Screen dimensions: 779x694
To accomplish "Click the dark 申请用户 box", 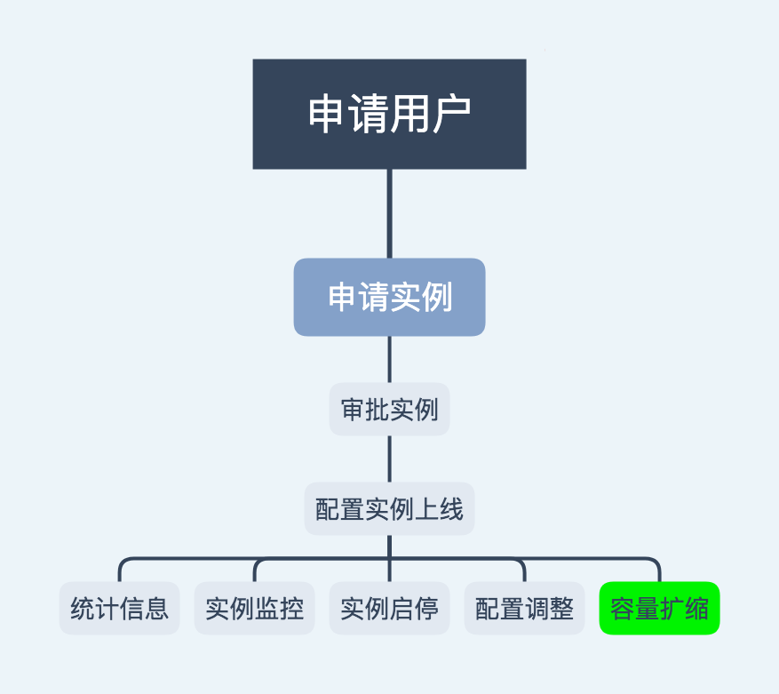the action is click(x=389, y=114).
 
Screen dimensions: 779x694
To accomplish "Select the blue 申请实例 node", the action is click(x=389, y=297).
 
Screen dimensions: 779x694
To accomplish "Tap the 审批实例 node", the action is click(x=389, y=410).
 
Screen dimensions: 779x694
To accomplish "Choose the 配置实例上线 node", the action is click(x=389, y=509).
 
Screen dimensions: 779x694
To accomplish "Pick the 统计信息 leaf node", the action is click(x=119, y=609).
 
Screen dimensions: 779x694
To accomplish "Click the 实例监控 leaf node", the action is click(x=254, y=609).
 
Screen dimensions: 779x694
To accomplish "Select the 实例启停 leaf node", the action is click(x=389, y=609).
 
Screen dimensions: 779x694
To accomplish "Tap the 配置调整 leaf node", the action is click(x=524, y=609).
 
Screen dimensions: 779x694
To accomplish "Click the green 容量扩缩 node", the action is click(x=659, y=609).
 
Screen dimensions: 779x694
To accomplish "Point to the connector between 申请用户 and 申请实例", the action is click(x=389, y=213).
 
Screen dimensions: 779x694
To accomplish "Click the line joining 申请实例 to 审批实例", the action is click(x=389, y=359).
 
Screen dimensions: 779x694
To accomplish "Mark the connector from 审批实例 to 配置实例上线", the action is click(x=389, y=459).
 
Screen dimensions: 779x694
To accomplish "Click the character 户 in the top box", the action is click(x=450, y=114).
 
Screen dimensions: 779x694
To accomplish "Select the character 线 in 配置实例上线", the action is click(x=451, y=509).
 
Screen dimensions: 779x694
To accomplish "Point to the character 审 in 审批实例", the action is click(x=354, y=410).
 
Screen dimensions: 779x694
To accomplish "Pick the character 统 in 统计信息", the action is click(x=83, y=609).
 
